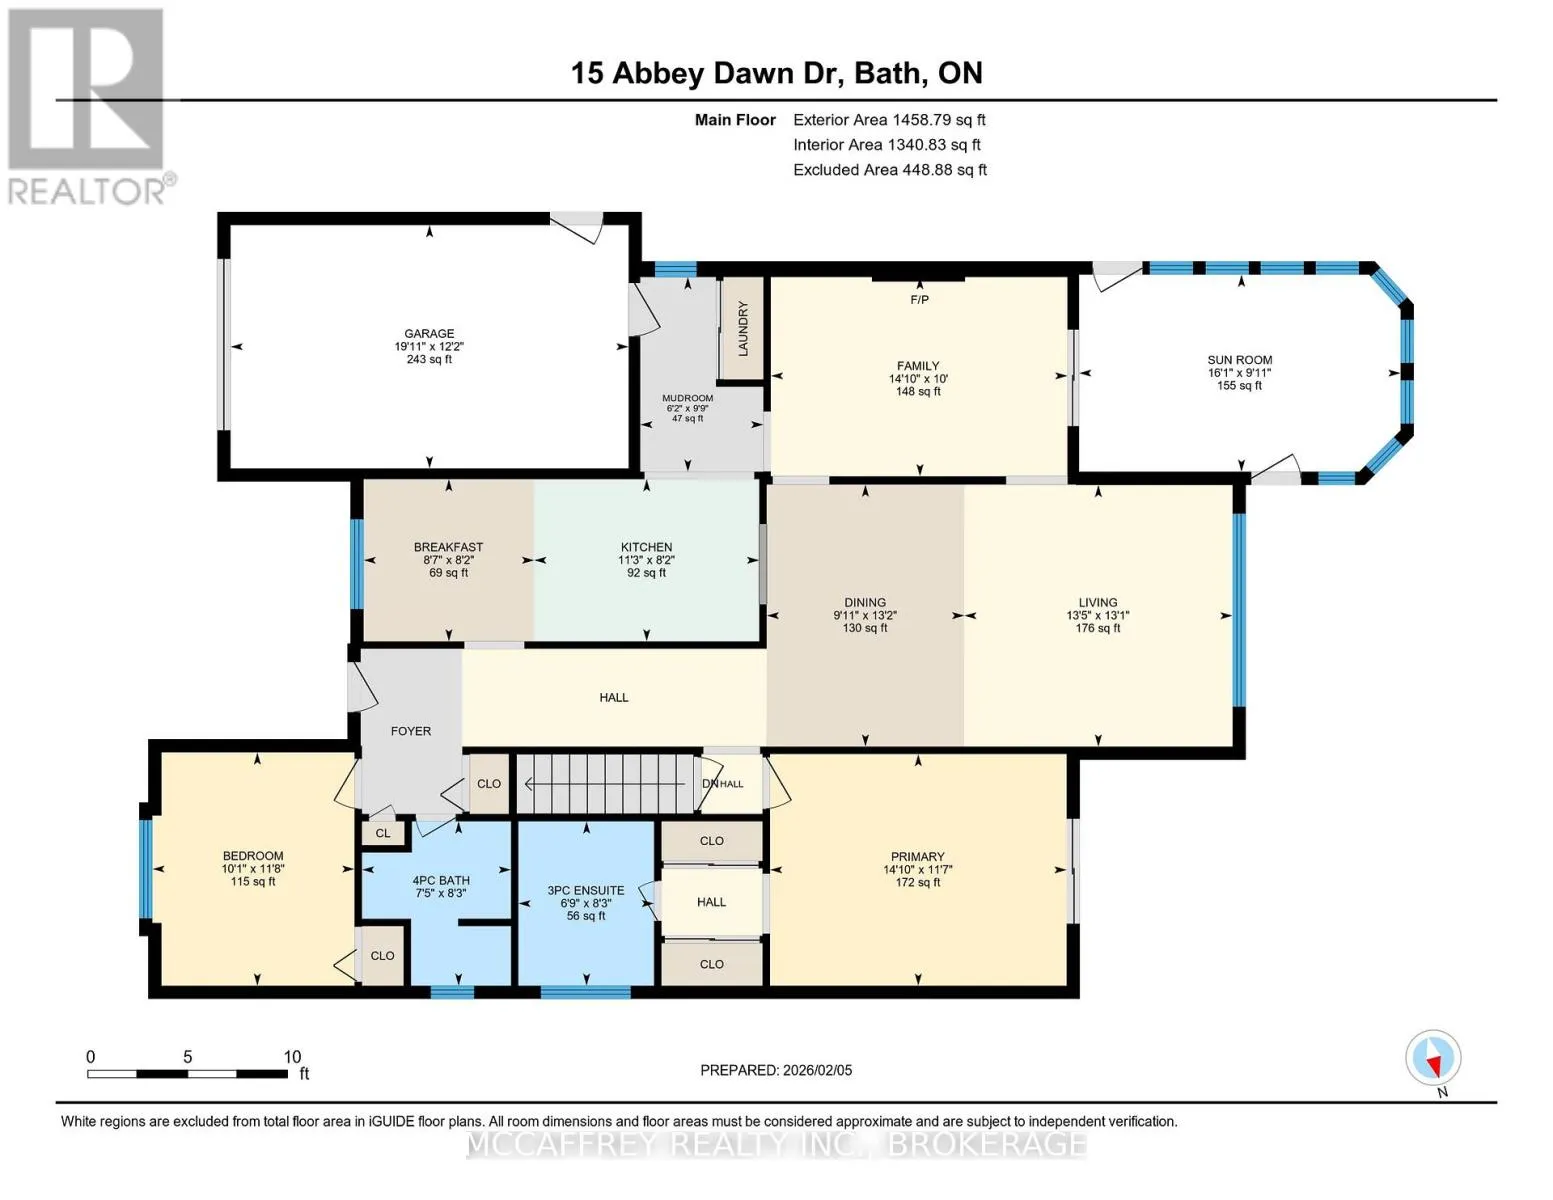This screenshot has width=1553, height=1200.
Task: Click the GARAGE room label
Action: pos(429,333)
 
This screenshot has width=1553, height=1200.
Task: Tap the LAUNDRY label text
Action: pos(743,329)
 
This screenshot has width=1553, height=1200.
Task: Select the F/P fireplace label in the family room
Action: pos(919,299)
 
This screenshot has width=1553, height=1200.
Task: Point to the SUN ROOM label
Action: pos(1239,360)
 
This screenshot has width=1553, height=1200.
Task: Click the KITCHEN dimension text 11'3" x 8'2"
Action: pos(646,560)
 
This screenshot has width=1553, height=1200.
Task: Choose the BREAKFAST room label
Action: pos(448,547)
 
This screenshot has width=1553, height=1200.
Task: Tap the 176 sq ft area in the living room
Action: pos(1098,628)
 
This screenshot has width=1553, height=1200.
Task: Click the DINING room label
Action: pos(865,603)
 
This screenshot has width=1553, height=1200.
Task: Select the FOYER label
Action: pos(411,730)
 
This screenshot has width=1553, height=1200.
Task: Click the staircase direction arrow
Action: pos(605,784)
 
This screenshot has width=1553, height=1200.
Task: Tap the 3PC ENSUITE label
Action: pos(585,891)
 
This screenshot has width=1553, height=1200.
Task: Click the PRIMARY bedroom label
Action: pos(918,856)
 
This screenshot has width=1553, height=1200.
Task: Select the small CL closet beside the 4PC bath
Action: pos(383,833)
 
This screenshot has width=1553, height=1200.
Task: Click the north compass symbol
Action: pos(1433,1058)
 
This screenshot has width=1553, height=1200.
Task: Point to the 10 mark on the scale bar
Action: pos(292,1056)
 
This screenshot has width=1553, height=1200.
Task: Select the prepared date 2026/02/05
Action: pos(818,1070)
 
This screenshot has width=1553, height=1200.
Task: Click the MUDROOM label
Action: pos(688,398)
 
